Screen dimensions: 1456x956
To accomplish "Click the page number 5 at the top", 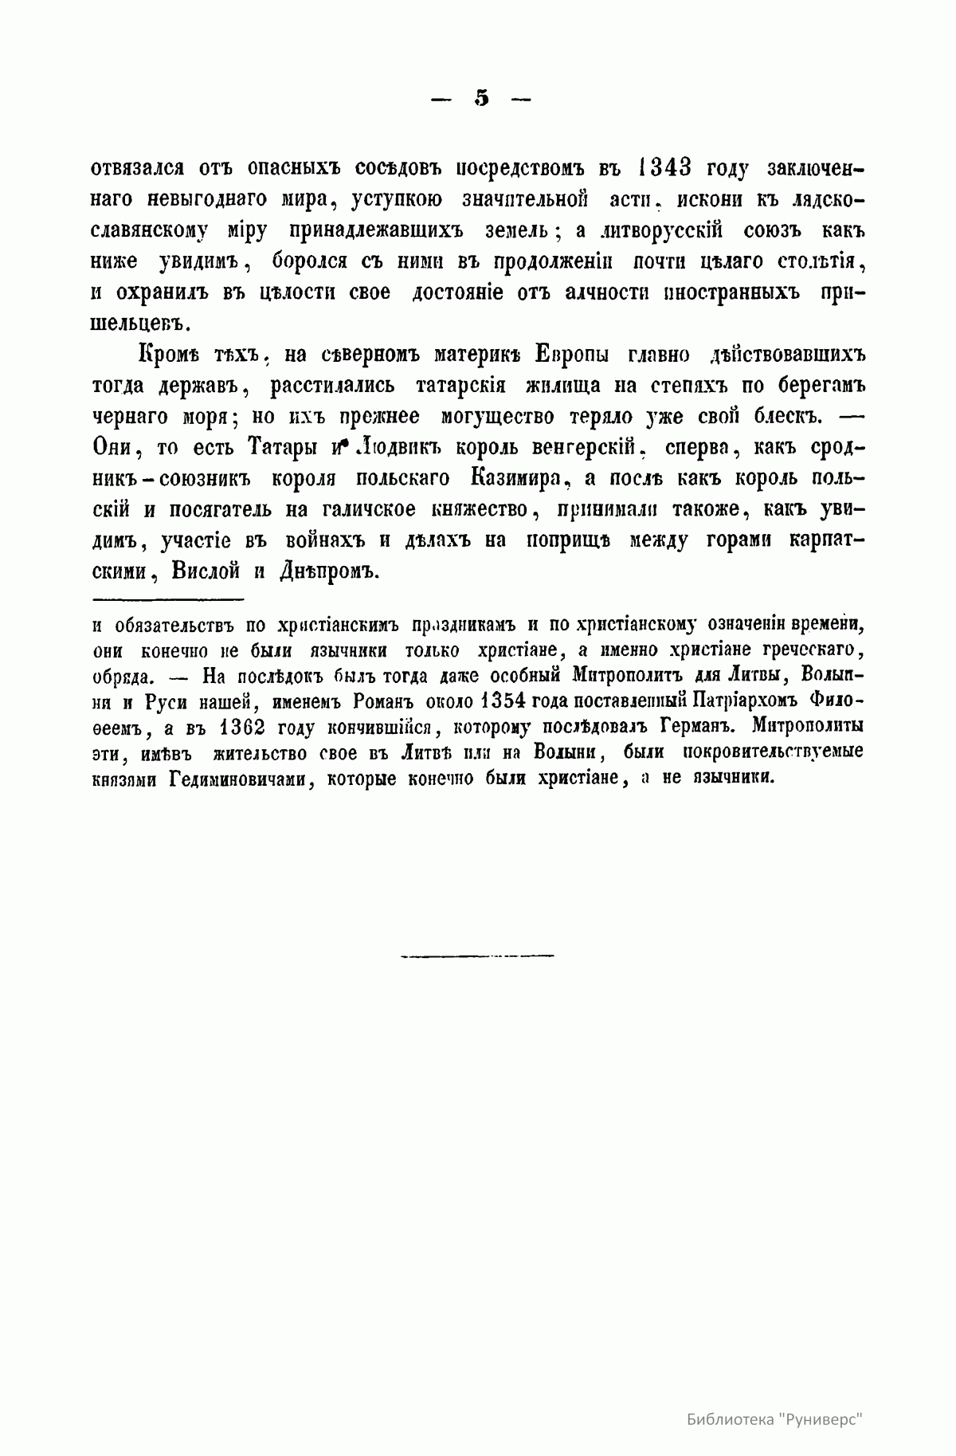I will pyautogui.click(x=481, y=99).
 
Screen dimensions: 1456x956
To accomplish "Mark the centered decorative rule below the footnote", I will pyautogui.click(x=477, y=953).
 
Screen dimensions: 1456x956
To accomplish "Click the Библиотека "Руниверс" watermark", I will pyautogui.click(x=774, y=1396).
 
